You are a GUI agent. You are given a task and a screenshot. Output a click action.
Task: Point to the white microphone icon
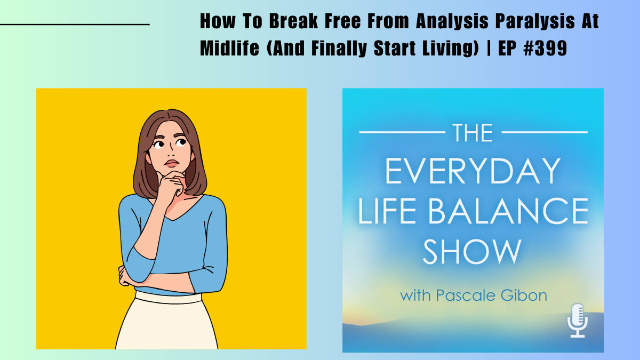(578, 320)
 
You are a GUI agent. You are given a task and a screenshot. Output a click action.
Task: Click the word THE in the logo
(473, 132)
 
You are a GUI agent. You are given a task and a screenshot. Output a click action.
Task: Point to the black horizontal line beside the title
(75, 25)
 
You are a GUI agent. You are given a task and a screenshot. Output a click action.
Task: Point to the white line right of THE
(545, 131)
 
